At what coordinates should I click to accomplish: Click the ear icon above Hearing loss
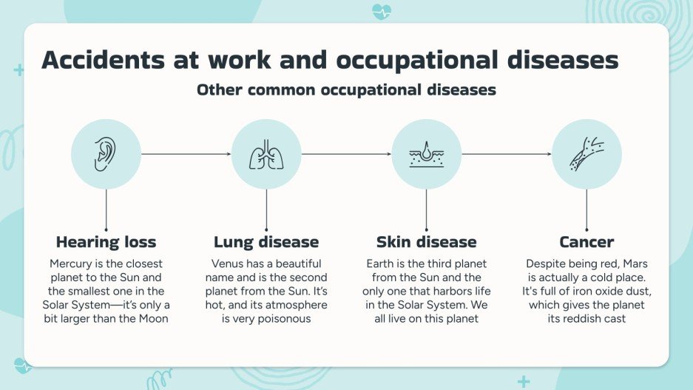pos(106,154)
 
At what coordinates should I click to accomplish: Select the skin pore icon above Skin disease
pos(426,154)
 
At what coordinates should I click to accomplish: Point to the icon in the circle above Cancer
pos(586,154)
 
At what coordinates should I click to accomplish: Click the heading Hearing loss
pos(106,242)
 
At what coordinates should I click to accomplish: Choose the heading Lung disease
pos(266,242)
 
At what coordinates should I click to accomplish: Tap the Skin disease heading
pos(426,242)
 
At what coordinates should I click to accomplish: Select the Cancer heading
pos(586,242)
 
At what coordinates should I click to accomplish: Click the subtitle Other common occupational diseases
pos(346,90)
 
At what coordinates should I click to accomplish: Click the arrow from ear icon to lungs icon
pos(186,154)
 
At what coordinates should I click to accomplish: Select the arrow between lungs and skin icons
pos(346,154)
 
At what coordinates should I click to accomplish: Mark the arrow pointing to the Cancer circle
pos(507,154)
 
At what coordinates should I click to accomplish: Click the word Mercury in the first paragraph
pos(73,263)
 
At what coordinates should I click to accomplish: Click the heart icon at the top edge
pos(382,12)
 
